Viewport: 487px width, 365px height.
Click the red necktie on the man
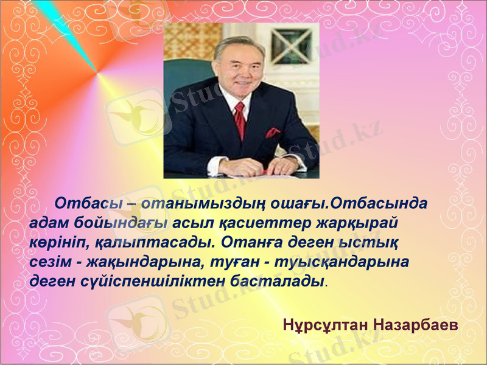tap(239, 119)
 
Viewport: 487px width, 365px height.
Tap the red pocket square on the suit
tap(273, 132)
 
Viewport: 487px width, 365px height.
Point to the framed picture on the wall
tap(290, 46)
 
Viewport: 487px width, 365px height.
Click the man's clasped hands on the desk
tap(256, 165)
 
